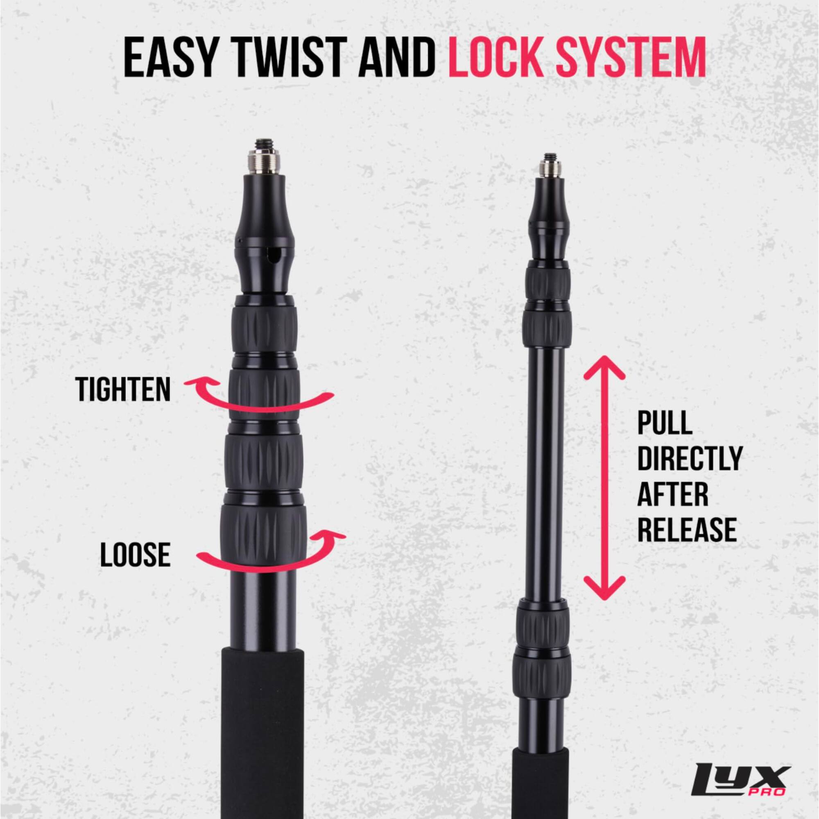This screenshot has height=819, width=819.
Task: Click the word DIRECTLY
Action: (690, 459)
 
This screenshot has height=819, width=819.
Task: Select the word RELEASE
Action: (687, 529)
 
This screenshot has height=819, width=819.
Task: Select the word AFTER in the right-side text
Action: (672, 495)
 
